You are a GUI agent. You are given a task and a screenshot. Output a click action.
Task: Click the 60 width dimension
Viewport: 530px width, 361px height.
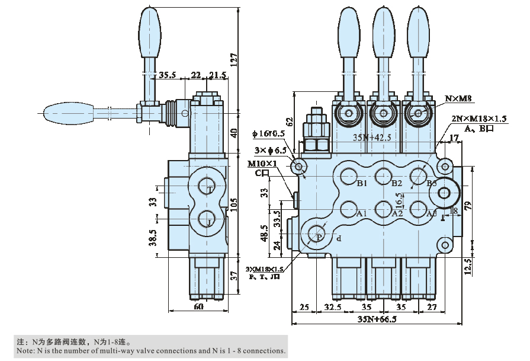click(198, 306)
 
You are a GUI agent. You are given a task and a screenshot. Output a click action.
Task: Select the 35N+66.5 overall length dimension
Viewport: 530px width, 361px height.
click(376, 319)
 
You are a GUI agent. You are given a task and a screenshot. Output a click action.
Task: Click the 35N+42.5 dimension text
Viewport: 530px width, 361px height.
click(372, 138)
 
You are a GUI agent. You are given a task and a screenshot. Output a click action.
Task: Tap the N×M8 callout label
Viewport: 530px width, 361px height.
click(458, 99)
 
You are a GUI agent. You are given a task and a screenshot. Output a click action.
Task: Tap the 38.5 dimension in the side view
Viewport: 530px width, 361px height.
click(153, 238)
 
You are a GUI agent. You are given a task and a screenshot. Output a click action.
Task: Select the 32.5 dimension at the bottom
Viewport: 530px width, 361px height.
click(333, 307)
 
